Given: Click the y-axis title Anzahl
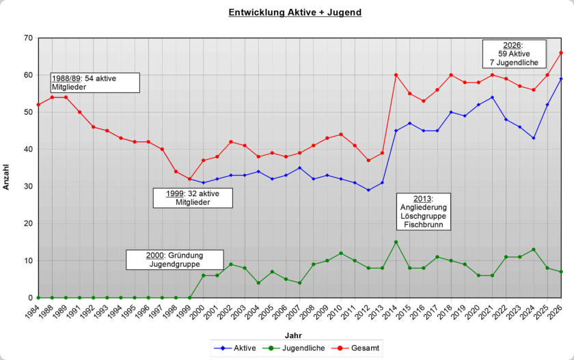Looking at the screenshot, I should click(7, 176).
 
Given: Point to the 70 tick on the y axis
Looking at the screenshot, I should click(29, 38).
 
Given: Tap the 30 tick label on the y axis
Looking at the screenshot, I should click(29, 186).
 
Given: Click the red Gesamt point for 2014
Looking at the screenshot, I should click(396, 75).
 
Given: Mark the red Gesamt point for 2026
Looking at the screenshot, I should click(561, 53).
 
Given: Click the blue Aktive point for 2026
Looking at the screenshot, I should click(561, 79).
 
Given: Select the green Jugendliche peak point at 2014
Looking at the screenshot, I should click(396, 242).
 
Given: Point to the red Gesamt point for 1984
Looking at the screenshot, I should click(38, 105).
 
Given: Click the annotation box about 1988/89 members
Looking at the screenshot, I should click(94, 83).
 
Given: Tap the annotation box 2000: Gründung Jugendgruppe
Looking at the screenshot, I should click(174, 260).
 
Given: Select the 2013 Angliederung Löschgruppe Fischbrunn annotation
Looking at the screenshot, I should click(423, 212).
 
